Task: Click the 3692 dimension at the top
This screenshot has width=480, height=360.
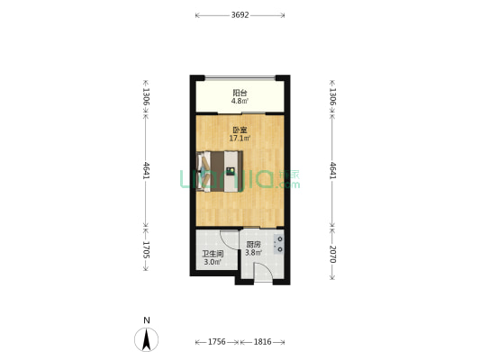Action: pyautogui.click(x=240, y=15)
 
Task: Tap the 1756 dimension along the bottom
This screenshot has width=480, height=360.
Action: pyautogui.click(x=217, y=342)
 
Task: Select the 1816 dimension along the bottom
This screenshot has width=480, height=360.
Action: pyautogui.click(x=262, y=342)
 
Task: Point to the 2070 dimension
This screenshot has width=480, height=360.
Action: pyautogui.click(x=332, y=254)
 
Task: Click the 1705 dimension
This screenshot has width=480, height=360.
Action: pyautogui.click(x=146, y=250)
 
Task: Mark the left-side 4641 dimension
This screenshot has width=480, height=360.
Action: pyautogui.click(x=146, y=170)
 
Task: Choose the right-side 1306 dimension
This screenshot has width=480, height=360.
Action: pyautogui.click(x=332, y=96)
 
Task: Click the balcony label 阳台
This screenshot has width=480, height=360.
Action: pyautogui.click(x=240, y=93)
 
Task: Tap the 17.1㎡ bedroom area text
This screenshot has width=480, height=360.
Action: pyautogui.click(x=240, y=139)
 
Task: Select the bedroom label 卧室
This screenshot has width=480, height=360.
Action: pyautogui.click(x=240, y=130)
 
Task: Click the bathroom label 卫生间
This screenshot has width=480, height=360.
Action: pyautogui.click(x=213, y=254)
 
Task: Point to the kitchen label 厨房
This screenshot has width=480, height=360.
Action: pyautogui.click(x=253, y=245)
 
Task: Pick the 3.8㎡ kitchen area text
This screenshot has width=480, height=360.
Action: pyautogui.click(x=253, y=253)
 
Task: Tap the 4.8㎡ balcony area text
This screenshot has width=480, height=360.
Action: pyautogui.click(x=240, y=101)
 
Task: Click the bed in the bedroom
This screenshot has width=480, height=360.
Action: pyautogui.click(x=220, y=172)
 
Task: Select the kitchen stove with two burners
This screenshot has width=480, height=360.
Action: pyautogui.click(x=279, y=245)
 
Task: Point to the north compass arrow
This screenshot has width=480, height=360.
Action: pyautogui.click(x=147, y=339)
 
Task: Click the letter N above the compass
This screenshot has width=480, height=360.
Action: pyautogui.click(x=147, y=320)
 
